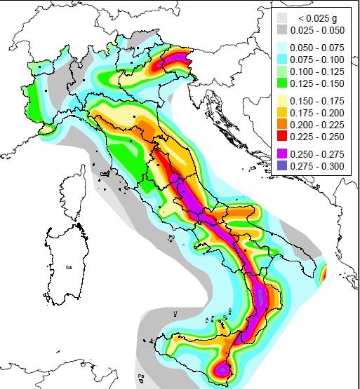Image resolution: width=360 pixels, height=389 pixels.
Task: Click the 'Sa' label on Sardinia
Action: click(x=69, y=267)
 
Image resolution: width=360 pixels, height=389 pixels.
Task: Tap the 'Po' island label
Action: click(x=171, y=238)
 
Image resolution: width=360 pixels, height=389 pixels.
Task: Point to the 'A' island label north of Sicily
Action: click(x=206, y=320)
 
